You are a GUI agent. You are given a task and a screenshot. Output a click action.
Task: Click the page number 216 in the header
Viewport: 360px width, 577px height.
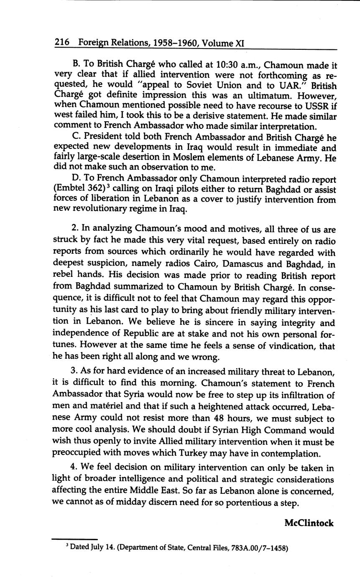click(61, 43)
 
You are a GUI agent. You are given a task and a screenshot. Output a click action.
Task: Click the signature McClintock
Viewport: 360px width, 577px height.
click(309, 523)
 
